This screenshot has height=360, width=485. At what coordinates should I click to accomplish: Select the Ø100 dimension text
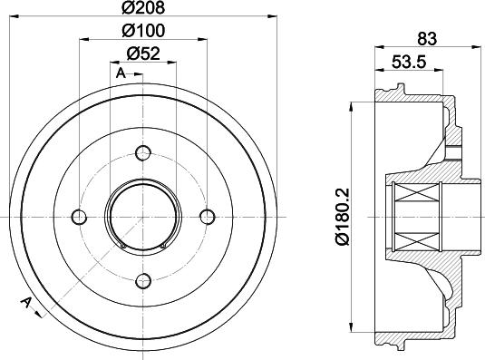[x=142, y=32]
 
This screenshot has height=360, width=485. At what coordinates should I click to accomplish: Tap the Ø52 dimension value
[x=142, y=53]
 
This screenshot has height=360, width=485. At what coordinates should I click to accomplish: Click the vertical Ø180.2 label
[x=342, y=217]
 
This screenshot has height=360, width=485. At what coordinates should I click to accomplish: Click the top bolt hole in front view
[x=142, y=152]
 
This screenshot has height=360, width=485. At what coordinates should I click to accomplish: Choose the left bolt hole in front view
[x=79, y=217]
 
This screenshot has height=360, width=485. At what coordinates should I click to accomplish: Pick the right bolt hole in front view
[x=207, y=217]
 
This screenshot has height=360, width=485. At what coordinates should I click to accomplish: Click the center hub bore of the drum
[x=142, y=217]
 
